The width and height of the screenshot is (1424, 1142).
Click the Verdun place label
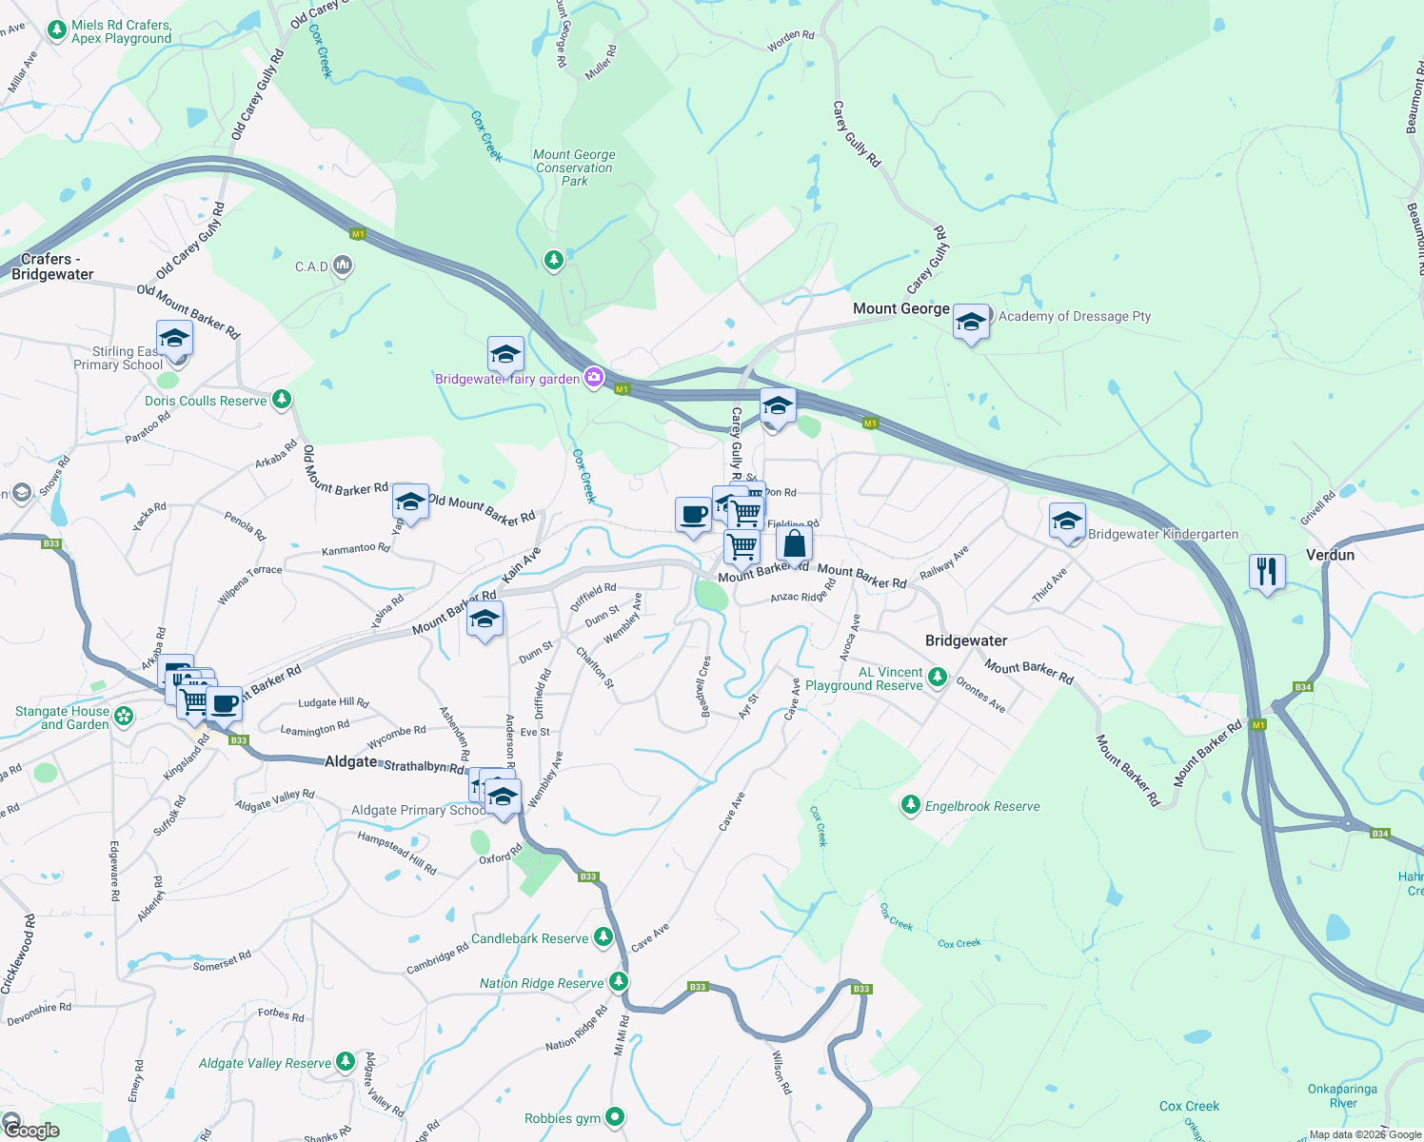point(1330,555)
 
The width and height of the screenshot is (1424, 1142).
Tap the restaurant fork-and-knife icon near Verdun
point(1266,571)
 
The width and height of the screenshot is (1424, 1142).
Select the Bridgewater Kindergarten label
point(1162,534)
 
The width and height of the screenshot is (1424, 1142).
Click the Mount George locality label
point(900,308)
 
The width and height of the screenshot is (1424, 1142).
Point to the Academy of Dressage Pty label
point(1075,316)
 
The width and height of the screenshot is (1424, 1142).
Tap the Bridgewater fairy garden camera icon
point(594,378)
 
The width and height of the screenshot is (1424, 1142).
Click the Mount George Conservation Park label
point(574,167)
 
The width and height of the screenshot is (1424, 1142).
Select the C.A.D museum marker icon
point(343,266)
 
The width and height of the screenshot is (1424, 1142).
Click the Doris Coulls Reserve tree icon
point(282,399)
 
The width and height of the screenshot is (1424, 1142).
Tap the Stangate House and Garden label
point(62,718)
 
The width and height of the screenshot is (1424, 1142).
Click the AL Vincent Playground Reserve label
point(864,679)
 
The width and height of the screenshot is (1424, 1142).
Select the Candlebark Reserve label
point(529,938)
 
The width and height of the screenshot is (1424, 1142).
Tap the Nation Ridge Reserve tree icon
point(620,981)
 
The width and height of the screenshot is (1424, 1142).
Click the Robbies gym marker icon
point(615,1116)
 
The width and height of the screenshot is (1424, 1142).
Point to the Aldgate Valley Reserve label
point(265,1063)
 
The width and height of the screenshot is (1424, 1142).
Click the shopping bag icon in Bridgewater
point(794,544)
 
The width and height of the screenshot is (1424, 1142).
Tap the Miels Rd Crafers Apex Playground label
point(121,31)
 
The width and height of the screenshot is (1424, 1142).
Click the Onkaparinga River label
point(1342,1095)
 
